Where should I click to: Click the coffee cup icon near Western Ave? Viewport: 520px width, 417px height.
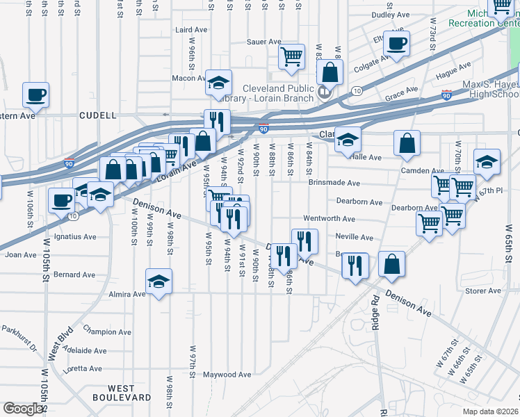tap(35, 95)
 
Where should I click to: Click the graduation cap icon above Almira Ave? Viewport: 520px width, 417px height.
tap(159, 282)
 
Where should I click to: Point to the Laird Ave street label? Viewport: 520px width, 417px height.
tap(191, 30)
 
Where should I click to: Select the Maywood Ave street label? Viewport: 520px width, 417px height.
tap(227, 375)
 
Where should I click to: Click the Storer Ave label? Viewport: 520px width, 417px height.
tap(483, 291)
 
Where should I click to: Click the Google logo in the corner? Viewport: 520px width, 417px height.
tap(23, 408)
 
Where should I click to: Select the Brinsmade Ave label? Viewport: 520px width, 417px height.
tap(334, 183)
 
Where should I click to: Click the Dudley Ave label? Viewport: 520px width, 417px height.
tap(391, 15)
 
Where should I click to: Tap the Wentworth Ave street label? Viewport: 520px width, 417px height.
tap(329, 218)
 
